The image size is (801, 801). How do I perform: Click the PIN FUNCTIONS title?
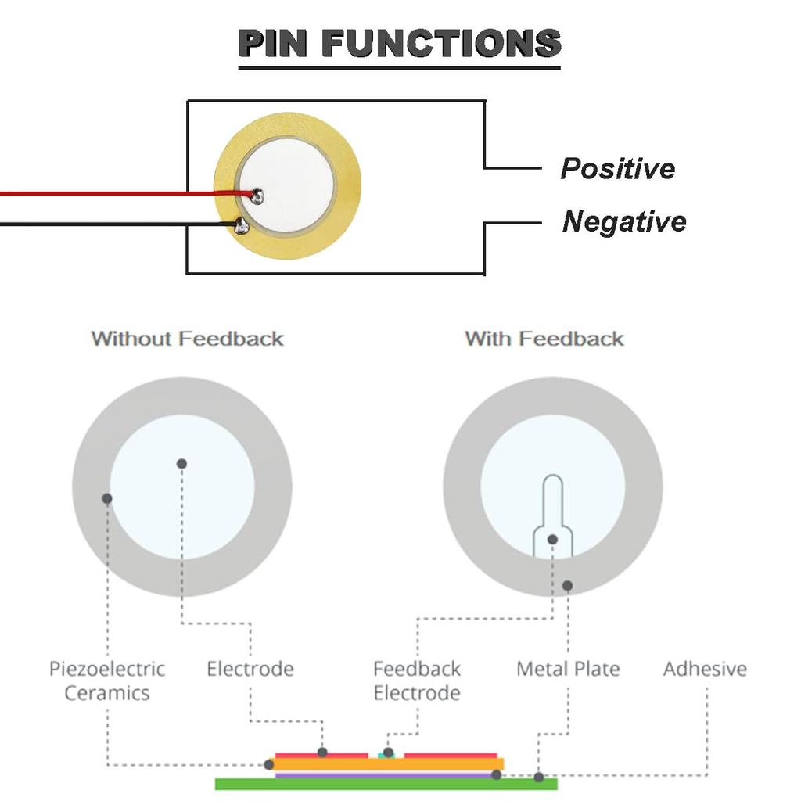(x=399, y=44)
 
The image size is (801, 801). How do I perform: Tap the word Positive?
(x=617, y=168)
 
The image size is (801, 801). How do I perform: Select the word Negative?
(x=623, y=221)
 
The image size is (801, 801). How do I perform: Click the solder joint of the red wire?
(x=257, y=196)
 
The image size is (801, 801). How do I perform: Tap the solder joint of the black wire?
(x=242, y=227)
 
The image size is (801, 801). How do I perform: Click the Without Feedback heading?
(x=187, y=339)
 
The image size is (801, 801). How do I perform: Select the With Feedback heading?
(x=544, y=339)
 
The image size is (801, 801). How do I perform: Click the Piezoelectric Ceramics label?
(x=107, y=681)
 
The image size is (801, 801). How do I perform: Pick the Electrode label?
(x=250, y=669)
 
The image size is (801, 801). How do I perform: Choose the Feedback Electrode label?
(x=416, y=681)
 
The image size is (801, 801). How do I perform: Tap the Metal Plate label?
(x=567, y=669)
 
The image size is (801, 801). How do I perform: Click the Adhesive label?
(x=705, y=669)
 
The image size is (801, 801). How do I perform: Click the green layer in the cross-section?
(x=386, y=783)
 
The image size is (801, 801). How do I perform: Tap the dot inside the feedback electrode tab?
(x=552, y=539)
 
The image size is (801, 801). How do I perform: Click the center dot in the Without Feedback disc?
(x=181, y=463)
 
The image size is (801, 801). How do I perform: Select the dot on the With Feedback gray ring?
(x=567, y=585)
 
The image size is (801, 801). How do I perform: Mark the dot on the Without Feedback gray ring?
(x=107, y=498)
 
